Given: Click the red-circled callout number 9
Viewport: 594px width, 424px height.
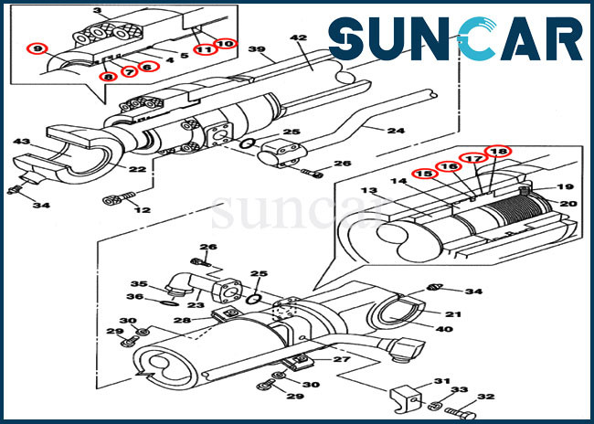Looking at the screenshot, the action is click(37, 48).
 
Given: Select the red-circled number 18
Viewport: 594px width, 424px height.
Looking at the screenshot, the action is click(499, 152).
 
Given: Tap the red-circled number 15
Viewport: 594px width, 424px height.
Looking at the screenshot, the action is click(426, 174).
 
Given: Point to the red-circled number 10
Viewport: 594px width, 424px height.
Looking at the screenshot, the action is click(226, 44).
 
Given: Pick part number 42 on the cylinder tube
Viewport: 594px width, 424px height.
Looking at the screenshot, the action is click(299, 37).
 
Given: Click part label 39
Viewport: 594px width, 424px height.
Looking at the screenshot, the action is click(257, 49).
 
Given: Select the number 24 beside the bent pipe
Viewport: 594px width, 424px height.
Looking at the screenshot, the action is click(396, 131).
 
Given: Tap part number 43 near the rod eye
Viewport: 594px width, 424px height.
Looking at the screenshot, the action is click(21, 142).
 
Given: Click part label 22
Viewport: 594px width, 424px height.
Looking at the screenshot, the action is click(137, 169).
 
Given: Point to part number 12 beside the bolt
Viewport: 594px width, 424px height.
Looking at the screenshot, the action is click(142, 209).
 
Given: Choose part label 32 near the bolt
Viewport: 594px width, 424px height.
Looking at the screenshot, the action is click(485, 397).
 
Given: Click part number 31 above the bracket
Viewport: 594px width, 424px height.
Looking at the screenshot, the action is click(441, 381).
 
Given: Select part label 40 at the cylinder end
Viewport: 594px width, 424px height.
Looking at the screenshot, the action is click(444, 329).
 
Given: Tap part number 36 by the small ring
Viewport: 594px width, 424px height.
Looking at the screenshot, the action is click(135, 297).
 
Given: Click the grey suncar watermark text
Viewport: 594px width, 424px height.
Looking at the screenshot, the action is click(296, 212).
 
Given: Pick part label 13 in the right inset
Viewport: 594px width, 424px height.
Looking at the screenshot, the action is click(368, 190).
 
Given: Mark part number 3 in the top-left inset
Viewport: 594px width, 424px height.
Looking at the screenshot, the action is click(98, 11).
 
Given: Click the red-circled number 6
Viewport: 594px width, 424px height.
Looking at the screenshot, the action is click(147, 67).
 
